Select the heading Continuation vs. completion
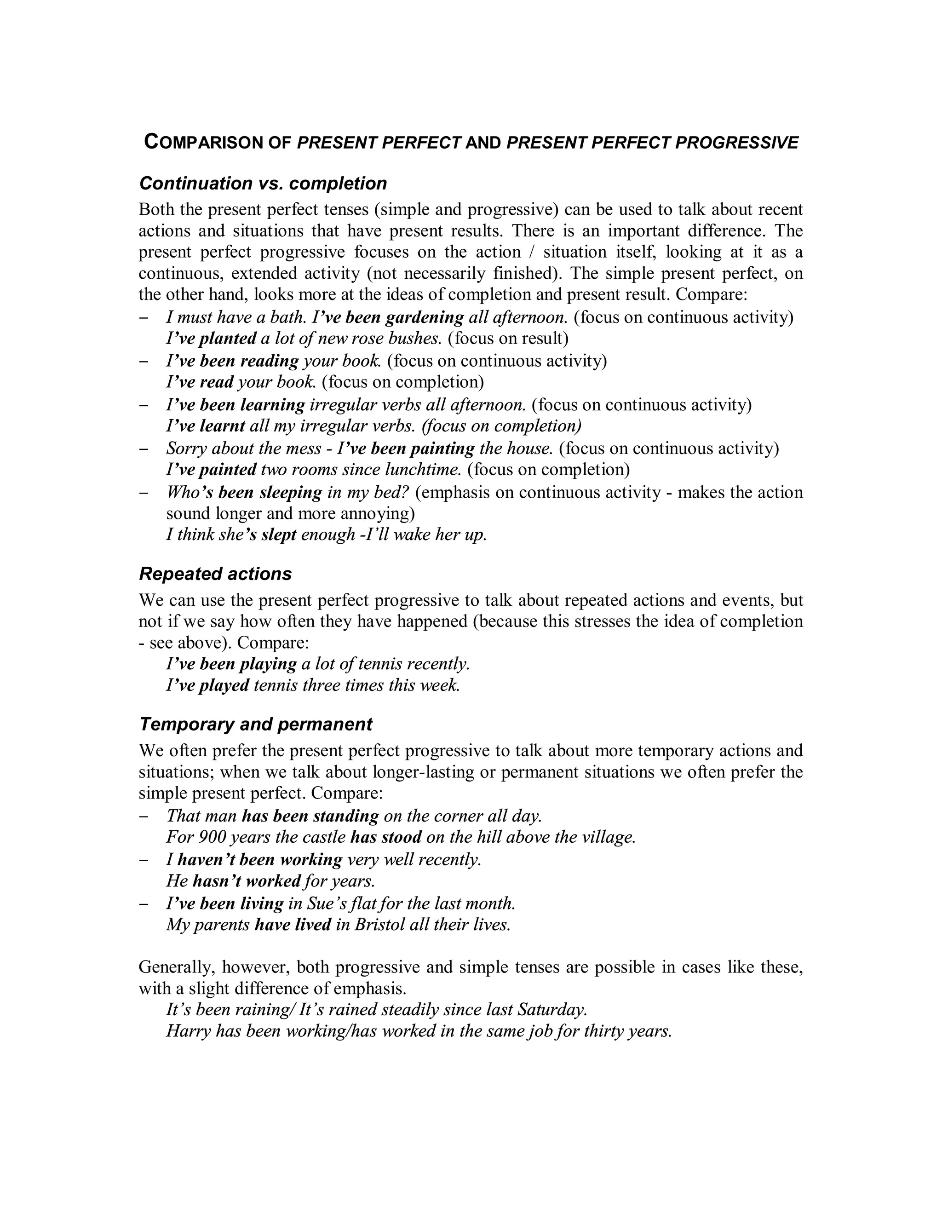point(263,183)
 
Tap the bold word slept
point(278,535)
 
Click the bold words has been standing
point(310,816)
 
